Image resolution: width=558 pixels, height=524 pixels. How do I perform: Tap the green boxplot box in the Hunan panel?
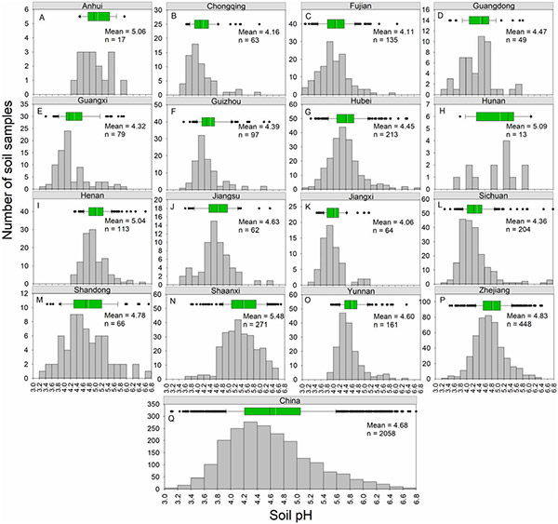point(495,115)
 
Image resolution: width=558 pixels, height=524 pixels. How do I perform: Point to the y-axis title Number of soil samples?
point(11,187)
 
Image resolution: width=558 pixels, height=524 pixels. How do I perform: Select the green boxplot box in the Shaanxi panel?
point(244,303)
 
